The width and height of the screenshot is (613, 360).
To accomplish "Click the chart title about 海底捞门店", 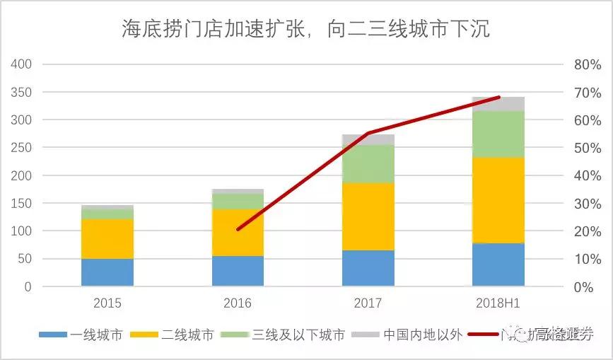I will point(305,30).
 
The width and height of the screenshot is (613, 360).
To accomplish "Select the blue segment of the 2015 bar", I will point(107,272).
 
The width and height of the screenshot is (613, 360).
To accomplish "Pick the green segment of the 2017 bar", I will point(368,163).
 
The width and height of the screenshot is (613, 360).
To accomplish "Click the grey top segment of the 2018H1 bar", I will point(498,103).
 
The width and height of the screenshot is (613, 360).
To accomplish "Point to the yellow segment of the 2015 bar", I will point(107,238).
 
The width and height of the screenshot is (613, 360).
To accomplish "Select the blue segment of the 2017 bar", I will point(368,268).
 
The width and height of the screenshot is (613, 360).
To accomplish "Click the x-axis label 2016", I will point(238,303).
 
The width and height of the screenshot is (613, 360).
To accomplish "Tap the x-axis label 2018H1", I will point(498,303).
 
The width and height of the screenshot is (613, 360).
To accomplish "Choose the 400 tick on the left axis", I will point(23,64).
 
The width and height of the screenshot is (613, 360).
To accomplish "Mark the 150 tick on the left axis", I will point(23,204).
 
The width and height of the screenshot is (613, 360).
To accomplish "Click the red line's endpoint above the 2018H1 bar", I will point(499,97).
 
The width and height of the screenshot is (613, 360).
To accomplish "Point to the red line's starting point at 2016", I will point(238,229).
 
